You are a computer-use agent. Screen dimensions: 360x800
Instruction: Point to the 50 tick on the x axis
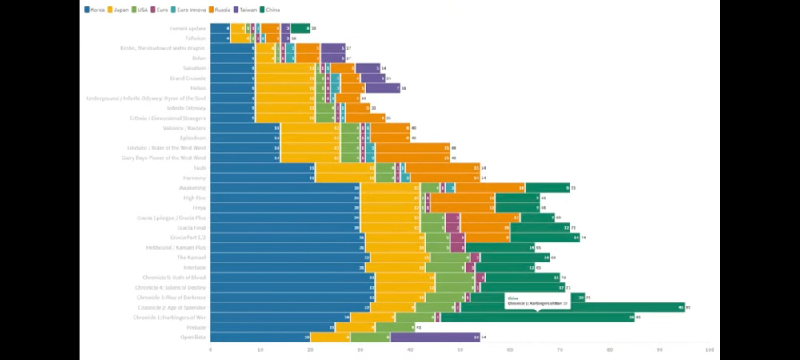[460, 350]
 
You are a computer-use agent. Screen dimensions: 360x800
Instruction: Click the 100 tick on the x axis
[709, 350]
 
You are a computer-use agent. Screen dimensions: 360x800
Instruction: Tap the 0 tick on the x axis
[210, 350]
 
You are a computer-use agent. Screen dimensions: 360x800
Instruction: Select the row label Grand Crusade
[188, 78]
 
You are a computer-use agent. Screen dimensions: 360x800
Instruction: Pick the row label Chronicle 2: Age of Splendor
[171, 307]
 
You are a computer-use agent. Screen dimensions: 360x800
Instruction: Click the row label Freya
[198, 208]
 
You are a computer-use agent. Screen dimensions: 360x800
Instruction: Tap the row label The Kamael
[191, 258]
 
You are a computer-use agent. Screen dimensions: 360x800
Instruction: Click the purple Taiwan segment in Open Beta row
[435, 338]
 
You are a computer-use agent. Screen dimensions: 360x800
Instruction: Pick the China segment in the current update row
[300, 28]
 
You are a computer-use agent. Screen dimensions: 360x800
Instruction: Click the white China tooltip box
[537, 302]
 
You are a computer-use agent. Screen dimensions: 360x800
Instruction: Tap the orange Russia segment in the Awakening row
[490, 188]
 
